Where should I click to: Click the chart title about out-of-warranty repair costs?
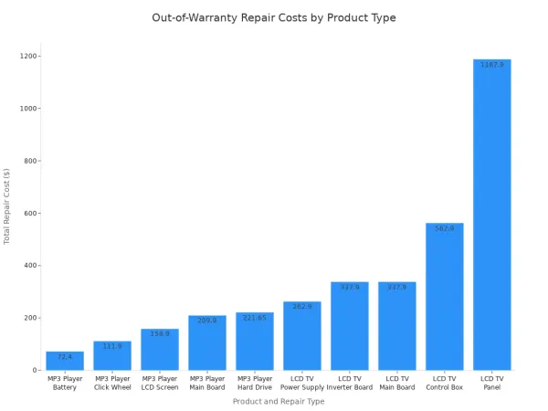click(274, 18)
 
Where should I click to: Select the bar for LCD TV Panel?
click(491, 215)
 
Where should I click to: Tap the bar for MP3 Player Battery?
click(65, 361)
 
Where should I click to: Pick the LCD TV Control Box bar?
click(445, 296)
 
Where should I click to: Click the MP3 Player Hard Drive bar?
click(255, 341)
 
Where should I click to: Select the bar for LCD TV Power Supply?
click(302, 336)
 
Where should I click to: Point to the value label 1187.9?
click(492, 65)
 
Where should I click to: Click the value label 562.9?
click(445, 228)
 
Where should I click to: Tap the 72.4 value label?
click(65, 357)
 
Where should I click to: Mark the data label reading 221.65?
click(255, 318)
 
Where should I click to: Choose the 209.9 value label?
click(207, 321)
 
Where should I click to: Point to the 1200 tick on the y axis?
click(28, 56)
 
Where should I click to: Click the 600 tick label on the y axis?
click(30, 213)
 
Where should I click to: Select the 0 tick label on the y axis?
click(35, 370)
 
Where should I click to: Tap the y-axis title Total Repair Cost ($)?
click(6, 206)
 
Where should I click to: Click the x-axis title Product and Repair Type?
click(279, 401)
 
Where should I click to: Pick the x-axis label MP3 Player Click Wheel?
click(112, 383)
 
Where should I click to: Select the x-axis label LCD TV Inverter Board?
click(350, 383)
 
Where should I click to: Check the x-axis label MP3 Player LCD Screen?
click(160, 383)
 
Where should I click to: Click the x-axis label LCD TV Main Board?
click(397, 383)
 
